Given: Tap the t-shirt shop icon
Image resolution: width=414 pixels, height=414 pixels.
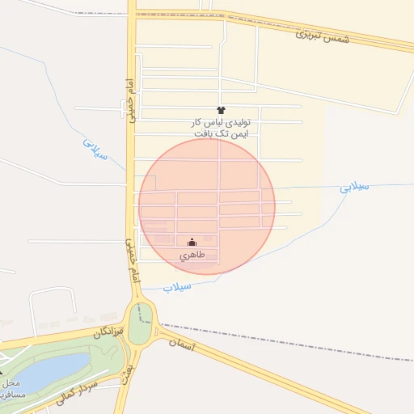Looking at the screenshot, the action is pyautogui.click(x=221, y=108).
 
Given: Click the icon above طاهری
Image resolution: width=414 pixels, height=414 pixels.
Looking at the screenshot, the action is pyautogui.click(x=192, y=242).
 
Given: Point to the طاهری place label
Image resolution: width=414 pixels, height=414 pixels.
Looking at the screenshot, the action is pyautogui.click(x=192, y=255).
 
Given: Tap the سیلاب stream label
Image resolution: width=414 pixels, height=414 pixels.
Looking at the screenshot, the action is pyautogui.click(x=176, y=286).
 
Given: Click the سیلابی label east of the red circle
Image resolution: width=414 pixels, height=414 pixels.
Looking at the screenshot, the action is pyautogui.click(x=354, y=187).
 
